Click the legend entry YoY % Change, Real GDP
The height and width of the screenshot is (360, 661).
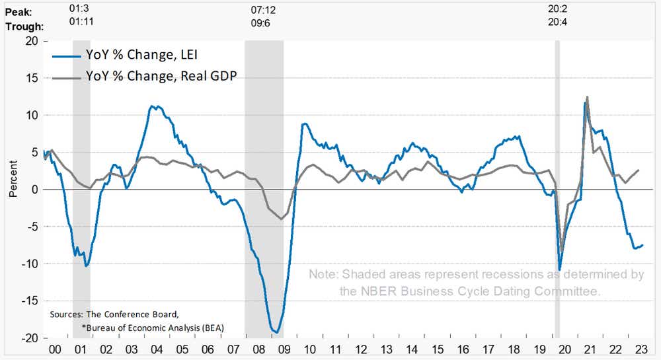click(x=161, y=76)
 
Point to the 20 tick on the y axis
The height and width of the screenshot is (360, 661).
click(x=31, y=41)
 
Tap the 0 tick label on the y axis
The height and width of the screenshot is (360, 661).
click(x=35, y=190)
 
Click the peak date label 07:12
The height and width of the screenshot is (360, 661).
click(x=264, y=11)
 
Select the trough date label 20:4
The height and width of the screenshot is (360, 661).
click(x=557, y=22)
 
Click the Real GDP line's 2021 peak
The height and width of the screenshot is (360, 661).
click(x=587, y=97)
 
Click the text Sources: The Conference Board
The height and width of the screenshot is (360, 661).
click(x=114, y=314)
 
